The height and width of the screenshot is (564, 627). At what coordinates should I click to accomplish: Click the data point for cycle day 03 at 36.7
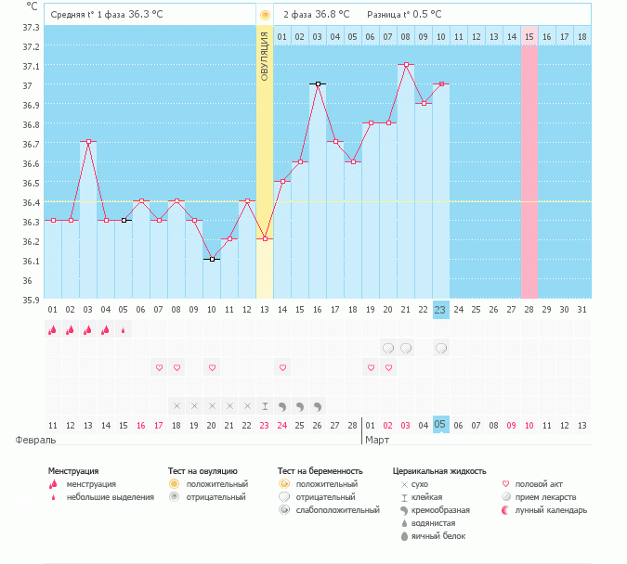[88, 141]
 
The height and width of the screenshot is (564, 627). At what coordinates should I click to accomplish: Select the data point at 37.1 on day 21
[406, 65]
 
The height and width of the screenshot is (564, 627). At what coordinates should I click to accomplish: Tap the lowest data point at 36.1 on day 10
[212, 259]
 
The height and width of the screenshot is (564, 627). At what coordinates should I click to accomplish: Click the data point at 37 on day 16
[318, 83]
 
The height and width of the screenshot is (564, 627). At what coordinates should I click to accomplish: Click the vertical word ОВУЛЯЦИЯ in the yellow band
[265, 56]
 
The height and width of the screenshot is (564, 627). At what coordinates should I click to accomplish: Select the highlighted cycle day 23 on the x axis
[440, 309]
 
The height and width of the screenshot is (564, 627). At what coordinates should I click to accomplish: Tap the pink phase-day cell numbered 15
[529, 36]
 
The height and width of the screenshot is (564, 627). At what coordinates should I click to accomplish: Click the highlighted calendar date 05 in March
[440, 425]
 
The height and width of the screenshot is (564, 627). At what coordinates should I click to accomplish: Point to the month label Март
[377, 440]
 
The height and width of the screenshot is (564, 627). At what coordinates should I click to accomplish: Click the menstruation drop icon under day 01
[53, 329]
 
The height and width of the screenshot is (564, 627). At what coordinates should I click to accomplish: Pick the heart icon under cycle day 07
[159, 368]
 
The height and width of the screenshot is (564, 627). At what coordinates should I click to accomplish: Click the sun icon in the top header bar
[265, 15]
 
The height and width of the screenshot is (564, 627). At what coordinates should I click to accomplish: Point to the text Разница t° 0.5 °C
[404, 15]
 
